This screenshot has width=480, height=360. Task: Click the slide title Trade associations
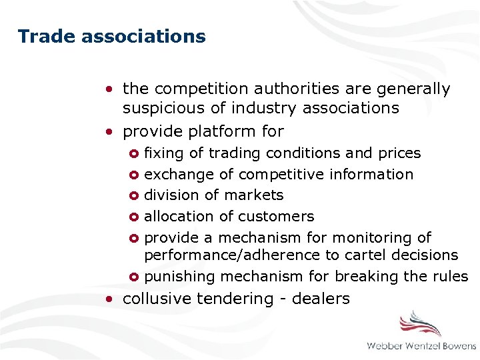click(111, 36)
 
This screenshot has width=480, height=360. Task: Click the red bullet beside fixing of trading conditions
click(133, 153)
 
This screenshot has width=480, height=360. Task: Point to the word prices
click(399, 153)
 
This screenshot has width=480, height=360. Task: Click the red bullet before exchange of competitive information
click(133, 175)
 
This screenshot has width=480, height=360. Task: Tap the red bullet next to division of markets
click(133, 196)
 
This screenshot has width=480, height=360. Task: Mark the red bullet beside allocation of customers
click(133, 217)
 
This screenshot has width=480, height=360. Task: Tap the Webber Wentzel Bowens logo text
click(421, 346)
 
